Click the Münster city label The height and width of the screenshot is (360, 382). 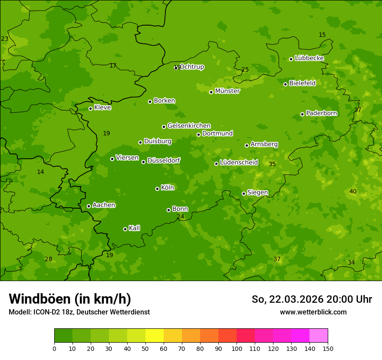(227, 91)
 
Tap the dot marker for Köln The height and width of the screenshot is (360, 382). (157, 189)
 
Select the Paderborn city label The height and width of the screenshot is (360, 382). (322, 113)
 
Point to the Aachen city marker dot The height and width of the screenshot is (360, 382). (89, 206)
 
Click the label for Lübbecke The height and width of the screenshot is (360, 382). (309, 58)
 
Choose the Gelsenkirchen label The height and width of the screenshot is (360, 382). (189, 126)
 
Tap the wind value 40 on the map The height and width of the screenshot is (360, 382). (353, 191)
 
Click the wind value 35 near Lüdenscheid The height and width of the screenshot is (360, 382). (272, 164)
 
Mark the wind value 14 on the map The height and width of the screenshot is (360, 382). (40, 172)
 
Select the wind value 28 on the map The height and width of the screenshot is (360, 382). (49, 259)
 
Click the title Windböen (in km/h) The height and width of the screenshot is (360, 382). (70, 299)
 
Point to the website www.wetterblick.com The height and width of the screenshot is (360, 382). (313, 312)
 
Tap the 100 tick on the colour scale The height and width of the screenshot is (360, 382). (237, 348)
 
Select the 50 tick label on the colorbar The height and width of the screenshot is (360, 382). (145, 348)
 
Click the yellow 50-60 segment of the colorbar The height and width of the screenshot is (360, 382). (155, 335)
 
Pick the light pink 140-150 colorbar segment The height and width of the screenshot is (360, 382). (319, 335)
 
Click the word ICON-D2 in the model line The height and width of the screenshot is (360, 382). (45, 312)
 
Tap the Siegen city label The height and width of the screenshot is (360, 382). (257, 193)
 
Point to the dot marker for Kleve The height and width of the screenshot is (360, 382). (90, 108)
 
